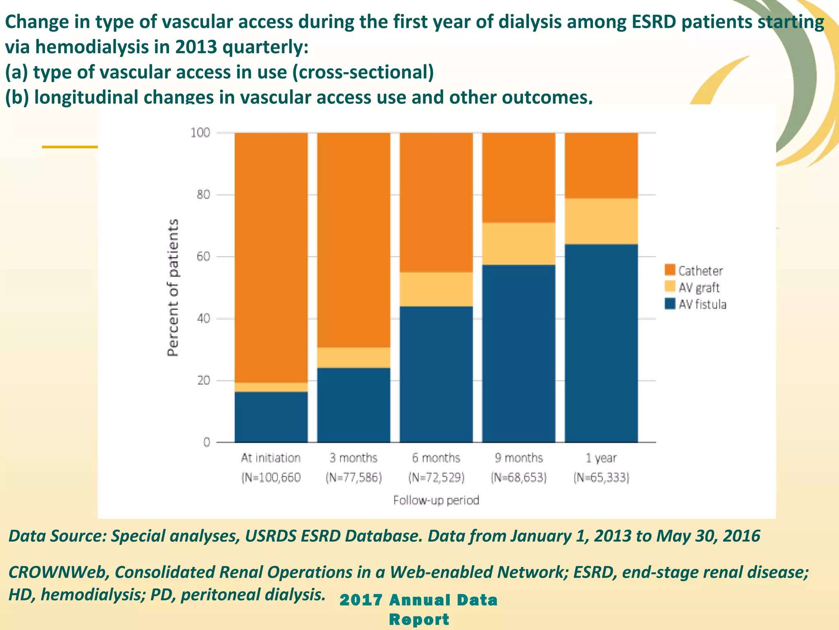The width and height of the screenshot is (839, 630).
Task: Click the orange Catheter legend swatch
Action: (670, 270)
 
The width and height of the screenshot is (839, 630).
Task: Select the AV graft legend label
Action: (699, 288)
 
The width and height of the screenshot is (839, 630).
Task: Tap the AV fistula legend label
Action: (702, 304)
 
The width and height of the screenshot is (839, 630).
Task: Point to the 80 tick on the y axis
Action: (203, 194)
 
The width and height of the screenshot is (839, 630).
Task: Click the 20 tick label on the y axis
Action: (203, 381)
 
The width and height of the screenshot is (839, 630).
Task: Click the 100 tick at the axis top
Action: (200, 132)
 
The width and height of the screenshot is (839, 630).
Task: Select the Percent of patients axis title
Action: (173, 287)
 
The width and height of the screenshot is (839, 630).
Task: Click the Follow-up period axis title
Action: (436, 500)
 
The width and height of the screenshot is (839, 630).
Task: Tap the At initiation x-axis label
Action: (271, 458)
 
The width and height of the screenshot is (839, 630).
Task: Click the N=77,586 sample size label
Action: (354, 478)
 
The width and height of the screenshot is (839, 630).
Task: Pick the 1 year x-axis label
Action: (601, 458)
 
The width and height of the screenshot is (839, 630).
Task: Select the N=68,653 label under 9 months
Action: (519, 478)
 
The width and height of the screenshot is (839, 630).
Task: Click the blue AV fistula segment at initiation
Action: (271, 417)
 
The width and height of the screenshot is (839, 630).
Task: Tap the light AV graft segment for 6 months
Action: (436, 289)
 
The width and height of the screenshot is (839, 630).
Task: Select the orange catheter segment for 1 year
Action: (601, 165)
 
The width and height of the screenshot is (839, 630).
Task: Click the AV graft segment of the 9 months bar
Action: (519, 244)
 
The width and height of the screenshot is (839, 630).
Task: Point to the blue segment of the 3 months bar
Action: (354, 405)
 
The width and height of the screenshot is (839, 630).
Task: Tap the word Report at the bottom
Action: (419, 619)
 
